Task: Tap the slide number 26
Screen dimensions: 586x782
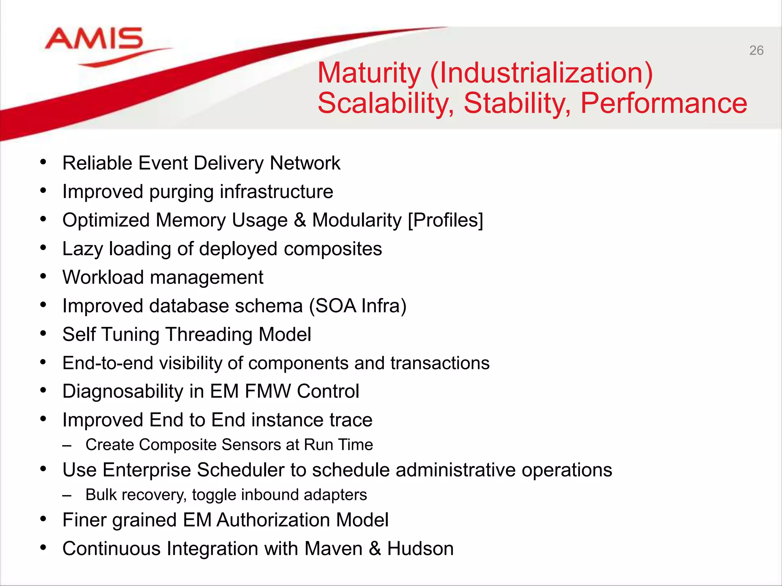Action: click(x=756, y=50)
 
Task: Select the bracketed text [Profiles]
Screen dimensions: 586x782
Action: click(x=445, y=220)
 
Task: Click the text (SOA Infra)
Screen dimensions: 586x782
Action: click(x=358, y=306)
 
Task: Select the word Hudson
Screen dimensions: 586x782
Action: click(x=420, y=549)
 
